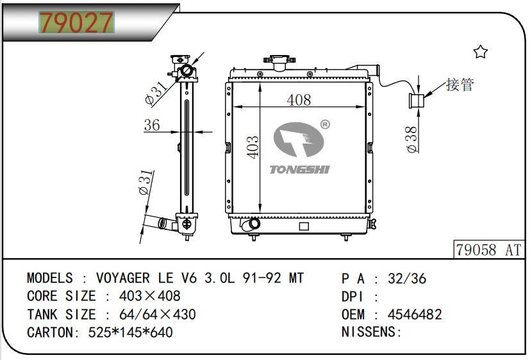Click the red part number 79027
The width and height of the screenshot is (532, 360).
(x=76, y=22)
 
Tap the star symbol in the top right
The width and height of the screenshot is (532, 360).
(x=481, y=52)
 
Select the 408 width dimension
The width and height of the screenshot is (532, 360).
(x=299, y=100)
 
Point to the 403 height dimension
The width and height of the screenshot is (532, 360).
(x=253, y=147)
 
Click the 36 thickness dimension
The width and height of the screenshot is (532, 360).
(x=152, y=125)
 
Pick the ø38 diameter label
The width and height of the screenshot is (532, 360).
(x=411, y=139)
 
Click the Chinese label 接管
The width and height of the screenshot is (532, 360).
(x=460, y=85)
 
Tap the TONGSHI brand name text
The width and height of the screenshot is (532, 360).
(x=299, y=170)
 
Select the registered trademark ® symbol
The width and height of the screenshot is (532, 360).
(x=325, y=125)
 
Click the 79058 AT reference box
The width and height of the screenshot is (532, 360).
(x=488, y=250)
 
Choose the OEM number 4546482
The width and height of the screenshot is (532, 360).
(x=415, y=315)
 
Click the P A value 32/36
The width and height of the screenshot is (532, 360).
(x=407, y=279)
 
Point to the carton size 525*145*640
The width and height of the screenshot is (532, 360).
(x=131, y=332)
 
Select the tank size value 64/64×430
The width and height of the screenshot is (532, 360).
(x=158, y=315)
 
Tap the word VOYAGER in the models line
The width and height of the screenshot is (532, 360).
(x=123, y=278)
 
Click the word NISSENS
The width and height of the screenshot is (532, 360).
(x=369, y=332)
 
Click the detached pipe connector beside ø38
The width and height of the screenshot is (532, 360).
(x=416, y=101)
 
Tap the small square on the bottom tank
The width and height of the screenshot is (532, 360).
(x=304, y=226)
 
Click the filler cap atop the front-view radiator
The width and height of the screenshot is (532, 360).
(x=279, y=62)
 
